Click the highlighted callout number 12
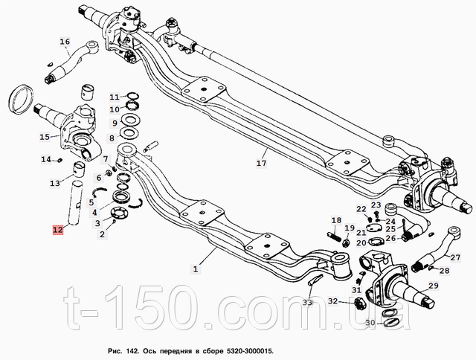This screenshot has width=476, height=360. [58, 230]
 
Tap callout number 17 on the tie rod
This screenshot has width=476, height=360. [261, 163]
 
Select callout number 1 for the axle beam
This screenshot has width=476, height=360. [196, 269]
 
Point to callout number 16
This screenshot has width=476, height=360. [65, 42]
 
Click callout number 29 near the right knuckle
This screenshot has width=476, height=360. [434, 286]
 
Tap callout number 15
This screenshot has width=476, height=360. [45, 137]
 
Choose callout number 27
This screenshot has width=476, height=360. [455, 257]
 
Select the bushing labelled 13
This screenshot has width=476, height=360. [80, 170]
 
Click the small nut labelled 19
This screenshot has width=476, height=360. [346, 242]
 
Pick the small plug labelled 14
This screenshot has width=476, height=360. [59, 160]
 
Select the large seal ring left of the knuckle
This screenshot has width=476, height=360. [22, 99]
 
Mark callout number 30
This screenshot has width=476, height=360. [370, 323]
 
